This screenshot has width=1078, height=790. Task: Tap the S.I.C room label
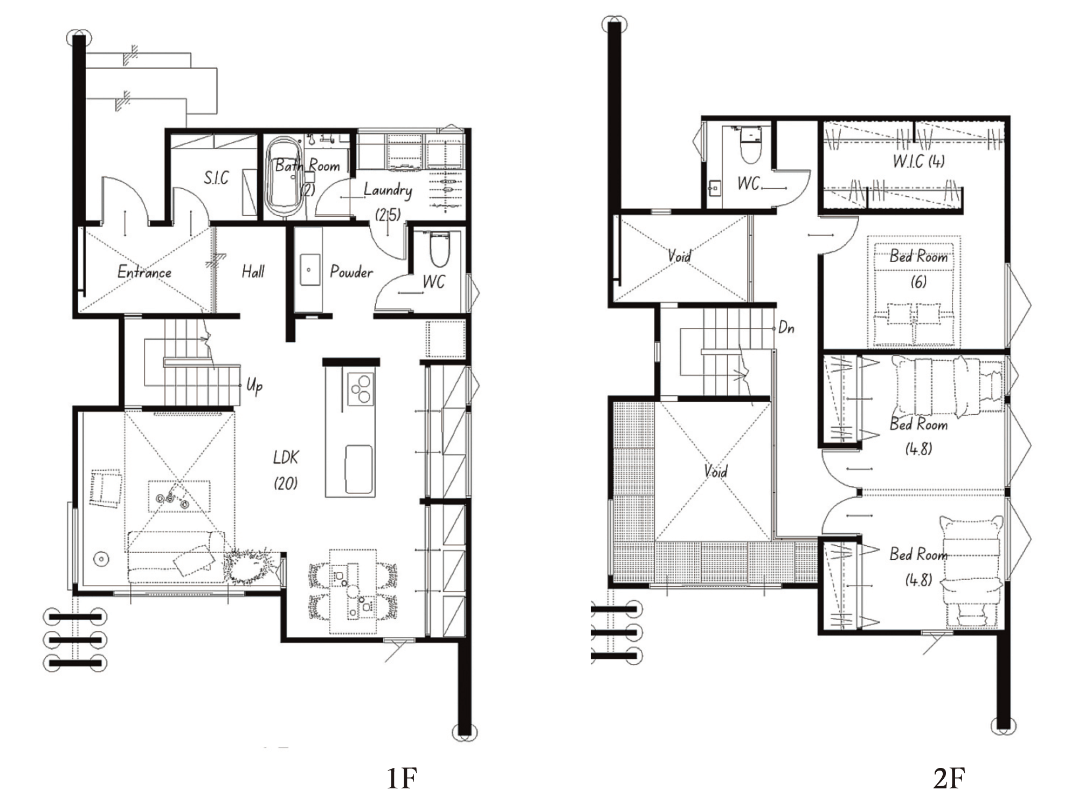coord(216,177)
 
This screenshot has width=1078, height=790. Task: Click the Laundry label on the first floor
coord(388,190)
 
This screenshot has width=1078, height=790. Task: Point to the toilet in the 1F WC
coord(440,249)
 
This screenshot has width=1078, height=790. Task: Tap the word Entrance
coord(144,272)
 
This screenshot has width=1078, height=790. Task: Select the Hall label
coord(253,271)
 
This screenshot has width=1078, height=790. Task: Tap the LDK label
coord(286,458)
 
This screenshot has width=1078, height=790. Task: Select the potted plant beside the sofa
coord(249,566)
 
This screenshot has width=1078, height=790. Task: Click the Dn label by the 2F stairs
coord(786,328)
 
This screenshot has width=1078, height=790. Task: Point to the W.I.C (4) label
coord(918,161)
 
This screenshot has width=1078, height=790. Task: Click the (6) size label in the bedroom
coord(918,281)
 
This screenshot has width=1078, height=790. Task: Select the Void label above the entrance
coord(679,256)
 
